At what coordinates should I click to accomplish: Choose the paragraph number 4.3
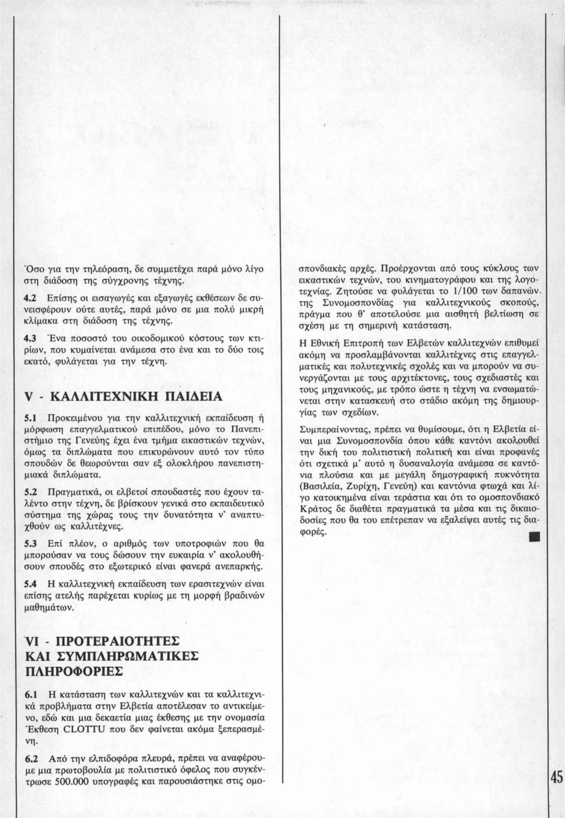click(x=30, y=337)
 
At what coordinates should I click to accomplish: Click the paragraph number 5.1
click(x=30, y=418)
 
